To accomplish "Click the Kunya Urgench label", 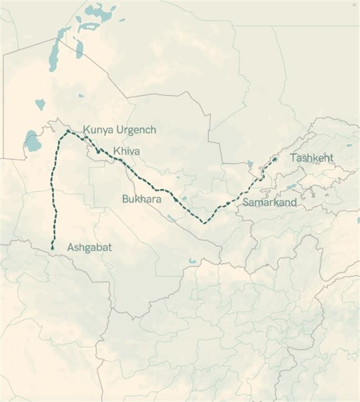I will (x=120, y=130).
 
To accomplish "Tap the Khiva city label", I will (x=126, y=151).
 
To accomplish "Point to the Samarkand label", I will (x=269, y=202).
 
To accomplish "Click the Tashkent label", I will (x=312, y=158).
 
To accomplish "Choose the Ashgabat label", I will (x=89, y=247).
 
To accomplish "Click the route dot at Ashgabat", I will (x=52, y=247).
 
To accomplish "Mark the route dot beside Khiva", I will (x=98, y=151).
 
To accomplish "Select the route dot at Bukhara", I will (x=176, y=198).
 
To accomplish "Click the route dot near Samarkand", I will (x=228, y=204).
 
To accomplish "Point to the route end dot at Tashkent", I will (x=274, y=159).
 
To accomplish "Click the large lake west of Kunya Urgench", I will (x=32, y=142).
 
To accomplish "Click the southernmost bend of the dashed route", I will (x=204, y=222).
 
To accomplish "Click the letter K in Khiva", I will (x=116, y=151).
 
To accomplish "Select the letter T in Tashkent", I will (x=293, y=158).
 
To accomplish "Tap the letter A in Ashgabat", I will (x=70, y=247).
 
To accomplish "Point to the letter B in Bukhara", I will (x=125, y=198).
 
